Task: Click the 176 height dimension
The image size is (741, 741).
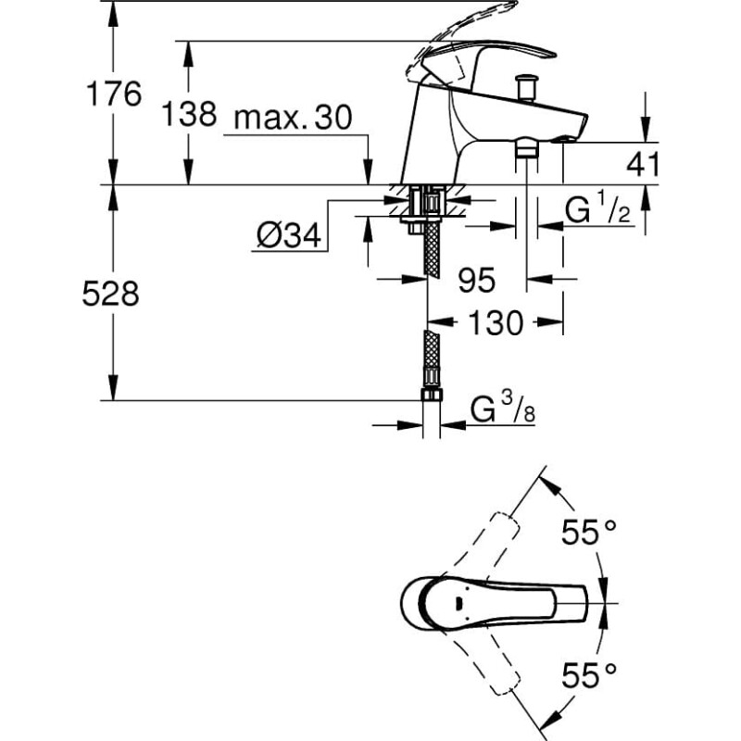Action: [x=113, y=94]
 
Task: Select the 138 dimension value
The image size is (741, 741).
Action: [x=189, y=114]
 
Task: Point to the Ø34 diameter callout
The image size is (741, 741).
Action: [x=289, y=235]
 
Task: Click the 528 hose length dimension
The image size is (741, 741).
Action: [x=110, y=294]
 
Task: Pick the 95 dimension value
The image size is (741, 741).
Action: [x=476, y=280]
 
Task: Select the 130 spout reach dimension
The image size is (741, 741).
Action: [x=496, y=322]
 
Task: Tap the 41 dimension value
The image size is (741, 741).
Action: [x=642, y=164]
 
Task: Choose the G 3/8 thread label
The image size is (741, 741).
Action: [x=503, y=408]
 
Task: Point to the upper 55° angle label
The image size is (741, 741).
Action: [x=589, y=532]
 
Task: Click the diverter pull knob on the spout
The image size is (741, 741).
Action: [x=526, y=87]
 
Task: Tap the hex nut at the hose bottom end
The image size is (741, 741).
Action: [x=431, y=395]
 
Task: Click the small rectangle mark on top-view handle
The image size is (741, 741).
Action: [x=458, y=604]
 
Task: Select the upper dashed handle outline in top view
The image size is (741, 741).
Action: [x=480, y=545]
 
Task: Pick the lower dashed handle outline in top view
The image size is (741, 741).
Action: [x=480, y=662]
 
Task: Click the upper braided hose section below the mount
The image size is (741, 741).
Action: [x=432, y=249]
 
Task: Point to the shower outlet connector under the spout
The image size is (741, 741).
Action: [x=527, y=147]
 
